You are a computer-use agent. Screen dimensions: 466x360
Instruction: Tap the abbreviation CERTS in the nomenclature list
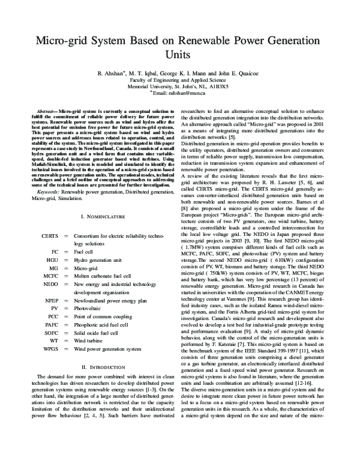coord(50,237)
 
